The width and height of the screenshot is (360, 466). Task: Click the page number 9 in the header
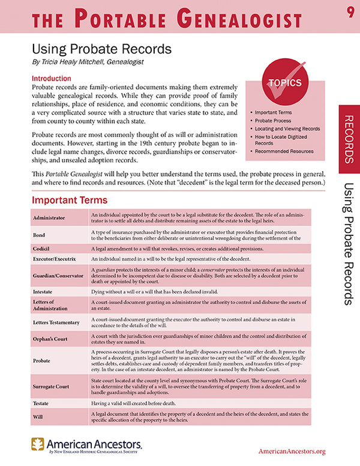[349, 13]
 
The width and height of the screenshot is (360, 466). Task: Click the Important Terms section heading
[69, 200]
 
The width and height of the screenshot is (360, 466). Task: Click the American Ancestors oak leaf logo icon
[38, 445]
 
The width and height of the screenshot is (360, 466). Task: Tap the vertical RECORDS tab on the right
[349, 138]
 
